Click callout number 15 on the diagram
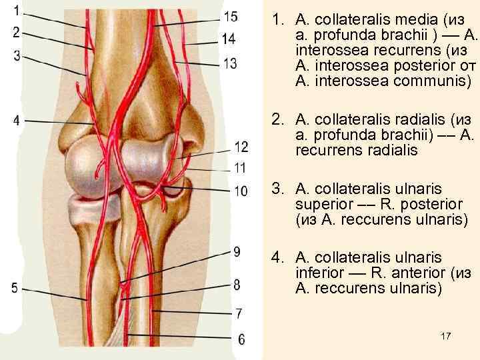click(x=230, y=17)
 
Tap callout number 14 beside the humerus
click(x=229, y=39)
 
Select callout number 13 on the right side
click(x=230, y=63)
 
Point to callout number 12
click(x=241, y=147)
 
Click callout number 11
click(x=240, y=167)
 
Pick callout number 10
click(x=241, y=191)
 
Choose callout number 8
click(x=236, y=285)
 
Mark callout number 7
click(x=239, y=312)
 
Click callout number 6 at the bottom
click(x=241, y=340)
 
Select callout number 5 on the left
click(x=15, y=288)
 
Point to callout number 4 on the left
click(x=16, y=120)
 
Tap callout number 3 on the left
click(x=16, y=56)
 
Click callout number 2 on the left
click(x=16, y=33)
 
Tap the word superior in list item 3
click(x=318, y=204)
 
